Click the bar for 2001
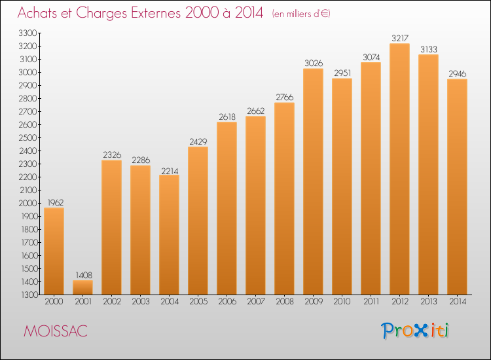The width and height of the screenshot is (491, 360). point(82,287)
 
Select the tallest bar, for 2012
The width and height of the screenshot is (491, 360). point(399,169)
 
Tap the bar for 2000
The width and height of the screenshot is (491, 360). point(54,251)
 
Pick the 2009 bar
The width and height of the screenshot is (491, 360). point(313,181)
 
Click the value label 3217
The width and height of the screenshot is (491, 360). point(400,38)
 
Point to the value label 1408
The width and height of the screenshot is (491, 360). point(84,275)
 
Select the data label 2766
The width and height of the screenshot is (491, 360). point(285,98)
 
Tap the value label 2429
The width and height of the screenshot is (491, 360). point(198,142)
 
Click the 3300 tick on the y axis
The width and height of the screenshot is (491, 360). point(28,33)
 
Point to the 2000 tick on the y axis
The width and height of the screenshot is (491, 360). point(28,203)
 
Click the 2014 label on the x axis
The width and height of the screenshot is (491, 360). point(458,302)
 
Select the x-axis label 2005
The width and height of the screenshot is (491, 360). point(198,302)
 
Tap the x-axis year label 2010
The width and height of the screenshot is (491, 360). point(342,302)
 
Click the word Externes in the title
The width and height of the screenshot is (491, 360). point(156,13)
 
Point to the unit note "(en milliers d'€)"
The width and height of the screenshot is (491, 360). point(301,14)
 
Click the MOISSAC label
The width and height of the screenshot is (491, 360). point(56,331)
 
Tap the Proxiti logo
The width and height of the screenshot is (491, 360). point(415,331)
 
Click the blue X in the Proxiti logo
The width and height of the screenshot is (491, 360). point(420,331)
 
